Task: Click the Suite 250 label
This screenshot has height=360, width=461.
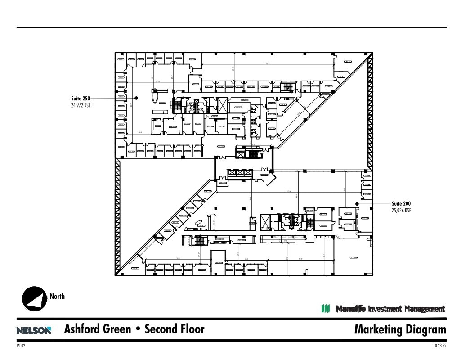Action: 81,98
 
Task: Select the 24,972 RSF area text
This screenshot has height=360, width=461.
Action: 81,105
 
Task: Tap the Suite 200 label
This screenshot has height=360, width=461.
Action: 401,204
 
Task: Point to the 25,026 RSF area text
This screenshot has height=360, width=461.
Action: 401,211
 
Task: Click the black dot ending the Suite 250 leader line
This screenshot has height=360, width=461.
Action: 136,98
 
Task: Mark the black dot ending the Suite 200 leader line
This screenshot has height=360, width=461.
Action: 357,204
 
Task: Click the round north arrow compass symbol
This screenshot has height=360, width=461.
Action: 35,298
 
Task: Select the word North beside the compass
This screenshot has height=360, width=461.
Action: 57,296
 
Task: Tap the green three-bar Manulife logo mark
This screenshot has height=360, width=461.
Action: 326,309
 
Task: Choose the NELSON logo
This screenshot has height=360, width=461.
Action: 34,330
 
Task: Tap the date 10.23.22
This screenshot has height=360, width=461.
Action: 439,346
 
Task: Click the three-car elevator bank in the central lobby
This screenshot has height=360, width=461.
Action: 239,172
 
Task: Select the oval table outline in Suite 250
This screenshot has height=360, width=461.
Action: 155,96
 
